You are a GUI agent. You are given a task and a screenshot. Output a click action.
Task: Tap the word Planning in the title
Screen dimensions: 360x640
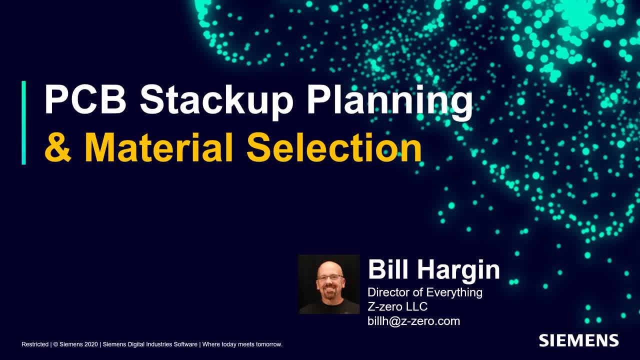389,100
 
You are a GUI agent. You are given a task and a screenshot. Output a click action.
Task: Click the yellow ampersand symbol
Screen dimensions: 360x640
58,148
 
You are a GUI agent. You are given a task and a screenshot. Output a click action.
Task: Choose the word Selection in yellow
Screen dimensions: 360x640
334,147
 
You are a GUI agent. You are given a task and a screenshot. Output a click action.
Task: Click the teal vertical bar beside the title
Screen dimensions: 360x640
23,122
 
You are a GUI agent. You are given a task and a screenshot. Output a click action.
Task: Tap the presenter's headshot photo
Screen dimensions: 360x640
328,284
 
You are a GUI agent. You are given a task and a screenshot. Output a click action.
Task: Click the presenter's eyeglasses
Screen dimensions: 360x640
330,276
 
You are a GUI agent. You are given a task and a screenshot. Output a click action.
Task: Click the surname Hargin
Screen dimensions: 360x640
459,270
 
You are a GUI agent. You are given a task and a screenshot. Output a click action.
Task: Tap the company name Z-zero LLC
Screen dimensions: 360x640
397,306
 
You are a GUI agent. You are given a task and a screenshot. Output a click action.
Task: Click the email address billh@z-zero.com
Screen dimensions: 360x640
413,321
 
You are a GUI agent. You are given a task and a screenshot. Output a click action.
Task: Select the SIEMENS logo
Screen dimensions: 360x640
578,341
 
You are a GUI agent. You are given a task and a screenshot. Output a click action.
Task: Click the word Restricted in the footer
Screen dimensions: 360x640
35,344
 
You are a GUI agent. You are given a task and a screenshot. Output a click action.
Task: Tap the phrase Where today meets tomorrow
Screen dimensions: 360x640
242,344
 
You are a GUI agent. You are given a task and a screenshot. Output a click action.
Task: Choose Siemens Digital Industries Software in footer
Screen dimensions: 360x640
150,344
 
